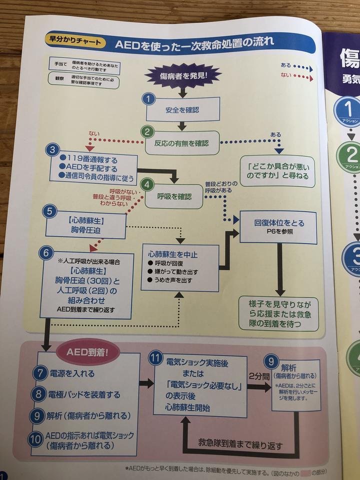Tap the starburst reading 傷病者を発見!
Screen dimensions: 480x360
[183, 77]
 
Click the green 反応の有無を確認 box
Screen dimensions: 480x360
[183, 143]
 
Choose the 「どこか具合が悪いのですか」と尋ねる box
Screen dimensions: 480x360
[278, 171]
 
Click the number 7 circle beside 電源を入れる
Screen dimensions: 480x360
[40, 372]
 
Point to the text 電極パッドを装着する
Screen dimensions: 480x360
[85, 394]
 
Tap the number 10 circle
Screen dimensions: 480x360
[35, 439]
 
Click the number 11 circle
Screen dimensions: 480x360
[156, 358]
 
